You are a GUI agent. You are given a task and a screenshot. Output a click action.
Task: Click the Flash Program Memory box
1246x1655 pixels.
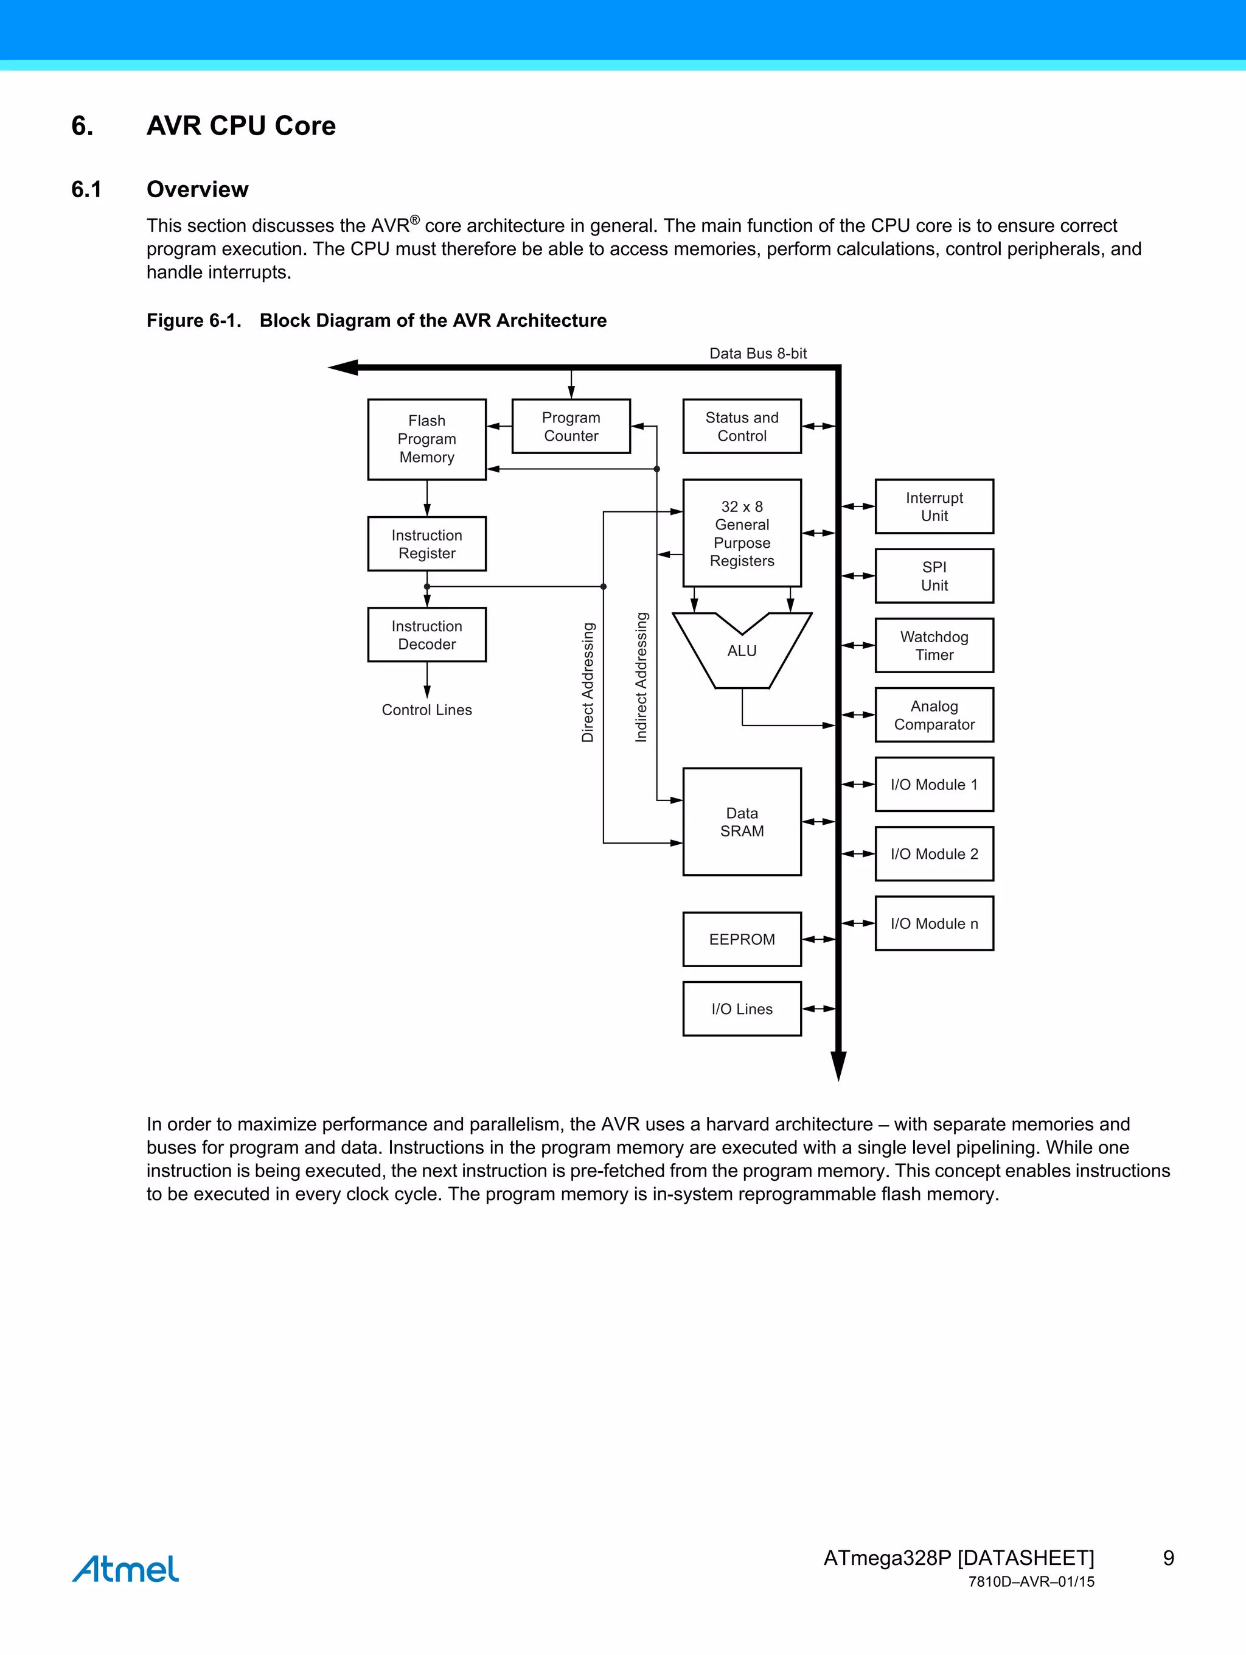click(x=426, y=439)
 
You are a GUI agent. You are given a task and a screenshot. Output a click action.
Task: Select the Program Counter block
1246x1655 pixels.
click(x=571, y=427)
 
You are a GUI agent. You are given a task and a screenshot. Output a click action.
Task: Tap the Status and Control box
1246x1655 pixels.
click(x=741, y=427)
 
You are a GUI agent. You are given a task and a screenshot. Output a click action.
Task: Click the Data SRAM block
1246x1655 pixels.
click(x=741, y=822)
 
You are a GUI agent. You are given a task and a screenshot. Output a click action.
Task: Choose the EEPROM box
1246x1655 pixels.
click(x=741, y=939)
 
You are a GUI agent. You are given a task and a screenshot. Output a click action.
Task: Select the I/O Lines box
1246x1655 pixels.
click(x=741, y=1009)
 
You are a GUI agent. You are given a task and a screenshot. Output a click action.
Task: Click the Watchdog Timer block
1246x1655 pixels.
click(x=934, y=645)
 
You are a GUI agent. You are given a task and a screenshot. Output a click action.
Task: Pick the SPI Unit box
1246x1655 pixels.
click(x=934, y=576)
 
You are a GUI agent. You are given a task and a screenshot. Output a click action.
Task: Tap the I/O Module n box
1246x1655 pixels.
click(x=934, y=923)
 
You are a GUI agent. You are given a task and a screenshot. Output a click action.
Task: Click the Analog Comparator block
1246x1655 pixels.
click(x=934, y=715)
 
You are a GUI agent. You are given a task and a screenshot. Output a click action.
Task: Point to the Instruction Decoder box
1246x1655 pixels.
click(x=426, y=634)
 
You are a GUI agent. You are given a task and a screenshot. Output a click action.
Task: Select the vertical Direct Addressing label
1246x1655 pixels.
click(x=588, y=682)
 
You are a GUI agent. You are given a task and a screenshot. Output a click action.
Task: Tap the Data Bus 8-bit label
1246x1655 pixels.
click(x=757, y=353)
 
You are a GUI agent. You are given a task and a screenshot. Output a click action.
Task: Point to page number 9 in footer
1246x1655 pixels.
click(x=1168, y=1558)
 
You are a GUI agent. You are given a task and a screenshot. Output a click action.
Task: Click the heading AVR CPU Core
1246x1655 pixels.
click(x=241, y=126)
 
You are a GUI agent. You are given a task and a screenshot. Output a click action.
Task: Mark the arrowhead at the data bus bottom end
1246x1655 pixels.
click(x=838, y=1066)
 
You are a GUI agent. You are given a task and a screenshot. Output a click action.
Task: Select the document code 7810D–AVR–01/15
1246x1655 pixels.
click(x=1031, y=1582)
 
